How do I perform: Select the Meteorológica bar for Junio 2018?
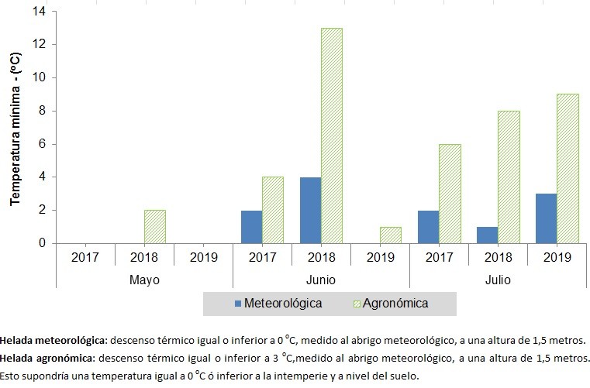click(309, 210)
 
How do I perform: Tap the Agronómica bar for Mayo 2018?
click(155, 226)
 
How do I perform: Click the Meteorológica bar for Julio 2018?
click(486, 235)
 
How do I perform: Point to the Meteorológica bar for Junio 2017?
click(251, 226)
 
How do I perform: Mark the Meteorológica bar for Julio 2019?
click(545, 218)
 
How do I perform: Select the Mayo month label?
click(145, 278)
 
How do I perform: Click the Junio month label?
click(321, 278)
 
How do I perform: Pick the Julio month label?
click(497, 278)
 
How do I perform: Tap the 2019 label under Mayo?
click(203, 256)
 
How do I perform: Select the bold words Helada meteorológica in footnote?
click(50, 340)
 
